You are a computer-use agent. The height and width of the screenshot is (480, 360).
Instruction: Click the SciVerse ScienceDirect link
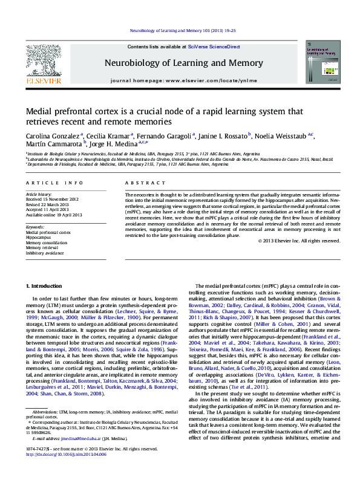[214, 47]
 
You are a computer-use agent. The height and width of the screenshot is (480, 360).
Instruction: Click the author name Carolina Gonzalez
[53, 135]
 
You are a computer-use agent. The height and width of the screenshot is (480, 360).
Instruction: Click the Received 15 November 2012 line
[51, 199]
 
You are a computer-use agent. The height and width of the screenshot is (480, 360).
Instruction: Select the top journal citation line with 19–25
[180, 30]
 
